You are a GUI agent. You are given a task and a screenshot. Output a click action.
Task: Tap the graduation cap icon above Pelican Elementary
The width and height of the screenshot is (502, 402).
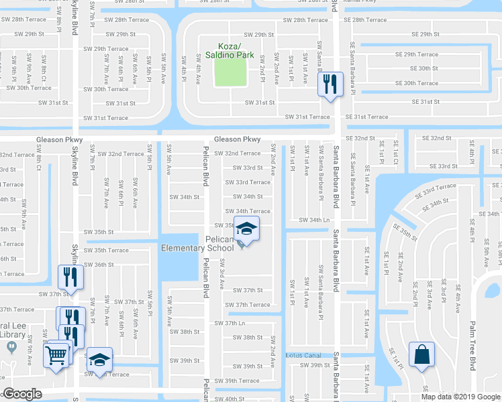click(x=246, y=228)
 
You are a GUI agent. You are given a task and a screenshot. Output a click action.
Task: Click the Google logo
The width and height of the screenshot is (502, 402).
click(x=22, y=394)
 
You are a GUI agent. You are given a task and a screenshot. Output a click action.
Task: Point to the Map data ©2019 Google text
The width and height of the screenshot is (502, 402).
click(x=460, y=397)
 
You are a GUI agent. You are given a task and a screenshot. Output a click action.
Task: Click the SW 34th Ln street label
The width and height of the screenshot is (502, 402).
click(x=311, y=220)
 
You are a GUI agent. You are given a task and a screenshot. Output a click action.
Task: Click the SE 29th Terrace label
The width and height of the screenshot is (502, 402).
click(x=416, y=54)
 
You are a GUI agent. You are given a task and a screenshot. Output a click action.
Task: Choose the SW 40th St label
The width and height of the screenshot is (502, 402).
click(x=230, y=399)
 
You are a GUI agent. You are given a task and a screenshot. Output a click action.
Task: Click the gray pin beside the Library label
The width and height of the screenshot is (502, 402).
click(x=11, y=347)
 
